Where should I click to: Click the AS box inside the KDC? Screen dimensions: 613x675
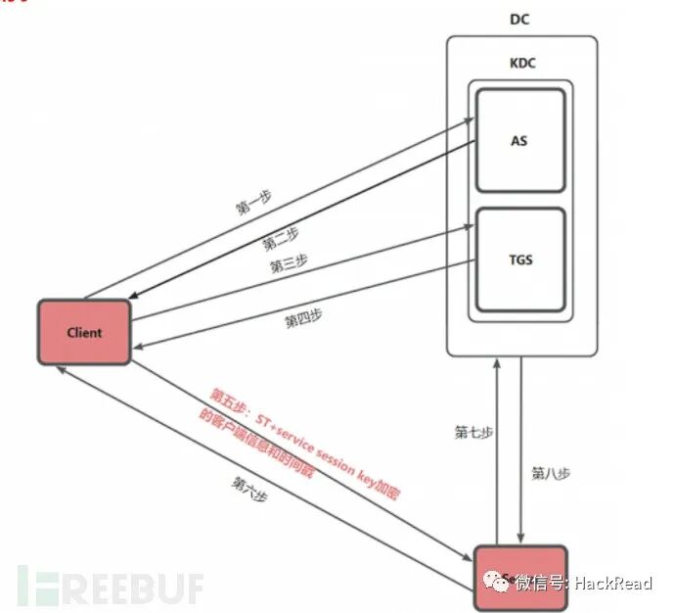coord(519,140)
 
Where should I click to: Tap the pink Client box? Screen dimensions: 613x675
coord(84,332)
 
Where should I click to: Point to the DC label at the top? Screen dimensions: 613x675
coord(520,20)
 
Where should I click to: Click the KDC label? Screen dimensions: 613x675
coord(520,63)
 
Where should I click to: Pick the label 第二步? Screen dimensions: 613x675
coord(281,238)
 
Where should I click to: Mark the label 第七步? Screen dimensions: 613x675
coord(473,431)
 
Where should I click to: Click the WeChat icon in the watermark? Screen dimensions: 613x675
coord(500,584)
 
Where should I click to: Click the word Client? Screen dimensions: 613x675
coord(84,332)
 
